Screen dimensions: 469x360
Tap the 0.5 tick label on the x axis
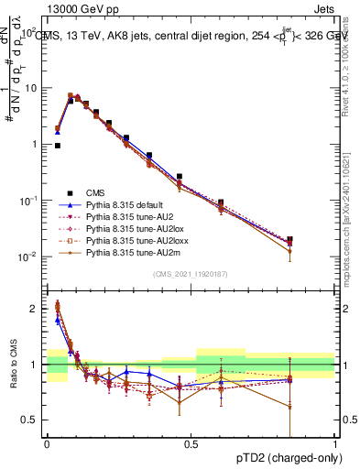pos(191,443)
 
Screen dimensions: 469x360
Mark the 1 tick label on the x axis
pos(334,443)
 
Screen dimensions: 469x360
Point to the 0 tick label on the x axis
pos(47,443)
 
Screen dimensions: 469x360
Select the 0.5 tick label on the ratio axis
pos(31,420)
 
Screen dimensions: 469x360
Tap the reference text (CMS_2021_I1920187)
pos(191,274)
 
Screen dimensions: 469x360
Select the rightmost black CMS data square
pos(289,240)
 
